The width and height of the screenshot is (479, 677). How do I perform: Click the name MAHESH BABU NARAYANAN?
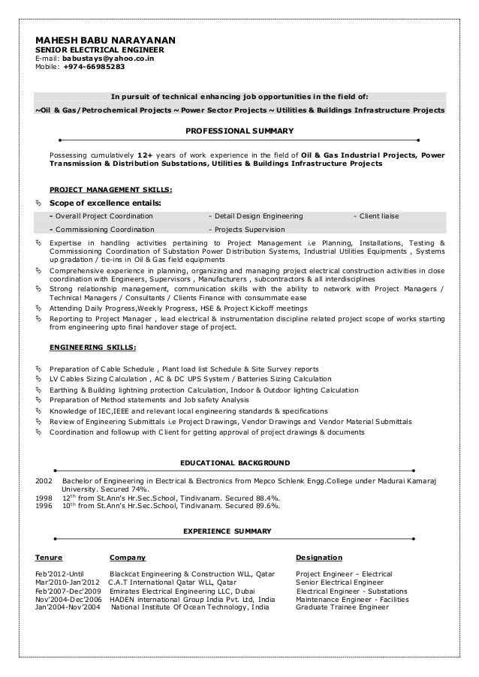(105, 40)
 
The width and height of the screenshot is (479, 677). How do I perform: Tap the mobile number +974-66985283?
(94, 66)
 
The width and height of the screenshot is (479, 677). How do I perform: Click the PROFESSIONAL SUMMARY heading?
(239, 131)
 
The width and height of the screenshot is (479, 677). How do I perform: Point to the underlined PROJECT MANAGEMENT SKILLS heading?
(110, 189)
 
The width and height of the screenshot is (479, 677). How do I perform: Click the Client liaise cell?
(379, 216)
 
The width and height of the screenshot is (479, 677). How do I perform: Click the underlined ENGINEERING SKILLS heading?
(93, 348)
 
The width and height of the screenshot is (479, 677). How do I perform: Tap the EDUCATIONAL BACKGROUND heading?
(235, 462)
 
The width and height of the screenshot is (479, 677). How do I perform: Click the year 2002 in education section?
(44, 480)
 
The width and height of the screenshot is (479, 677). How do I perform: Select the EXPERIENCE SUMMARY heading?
(227, 531)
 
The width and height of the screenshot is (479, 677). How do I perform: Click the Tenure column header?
(49, 558)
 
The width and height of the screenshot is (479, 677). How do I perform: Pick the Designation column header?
(319, 558)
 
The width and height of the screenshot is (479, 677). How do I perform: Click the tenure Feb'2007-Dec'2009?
(68, 591)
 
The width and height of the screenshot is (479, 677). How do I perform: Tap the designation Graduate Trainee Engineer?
(342, 607)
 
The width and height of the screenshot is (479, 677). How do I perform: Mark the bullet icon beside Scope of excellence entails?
(38, 203)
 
